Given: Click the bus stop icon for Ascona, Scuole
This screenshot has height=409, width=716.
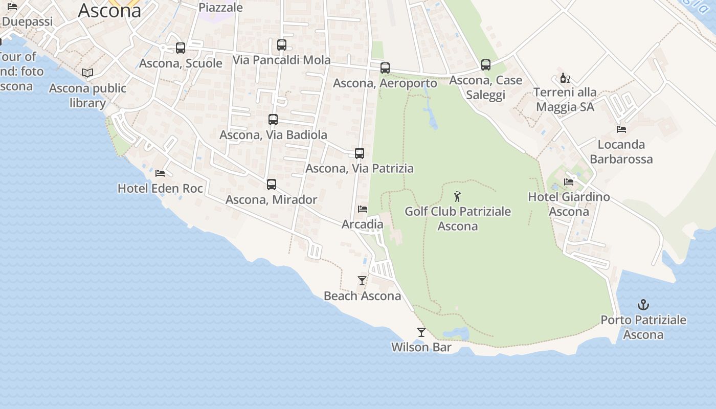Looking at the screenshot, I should (181, 48).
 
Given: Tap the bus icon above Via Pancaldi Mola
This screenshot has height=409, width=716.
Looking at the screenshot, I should (282, 45).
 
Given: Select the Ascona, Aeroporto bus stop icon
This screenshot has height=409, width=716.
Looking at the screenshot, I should (385, 68).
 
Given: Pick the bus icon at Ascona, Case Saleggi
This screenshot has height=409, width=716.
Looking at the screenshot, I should (486, 65).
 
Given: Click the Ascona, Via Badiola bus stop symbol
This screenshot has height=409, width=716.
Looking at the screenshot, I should (273, 120).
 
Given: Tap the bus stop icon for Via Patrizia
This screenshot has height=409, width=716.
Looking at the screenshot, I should (360, 153).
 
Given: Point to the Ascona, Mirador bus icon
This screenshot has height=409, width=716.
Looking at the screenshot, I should (272, 185).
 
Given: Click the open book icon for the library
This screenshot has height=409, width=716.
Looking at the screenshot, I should (87, 73).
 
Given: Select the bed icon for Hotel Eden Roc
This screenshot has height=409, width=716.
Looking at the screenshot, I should (160, 173).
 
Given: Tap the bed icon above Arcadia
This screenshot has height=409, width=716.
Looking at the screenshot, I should (363, 209).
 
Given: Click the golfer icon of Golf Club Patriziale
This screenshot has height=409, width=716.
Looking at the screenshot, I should (458, 196).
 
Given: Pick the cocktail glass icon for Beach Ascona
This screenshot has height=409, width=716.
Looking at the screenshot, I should (362, 281).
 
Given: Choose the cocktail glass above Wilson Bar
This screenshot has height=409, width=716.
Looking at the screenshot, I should (421, 332).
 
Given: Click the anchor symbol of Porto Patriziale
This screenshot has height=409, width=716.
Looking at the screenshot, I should (643, 305).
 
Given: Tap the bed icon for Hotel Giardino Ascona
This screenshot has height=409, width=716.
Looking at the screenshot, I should (569, 181).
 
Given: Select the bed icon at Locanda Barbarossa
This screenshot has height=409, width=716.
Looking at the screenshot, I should (621, 129).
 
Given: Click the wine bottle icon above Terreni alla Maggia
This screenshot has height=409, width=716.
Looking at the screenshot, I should (565, 78).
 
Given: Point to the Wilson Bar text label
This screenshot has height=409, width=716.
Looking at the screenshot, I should (421, 348).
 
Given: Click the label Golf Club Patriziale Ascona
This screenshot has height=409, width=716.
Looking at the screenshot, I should (458, 219).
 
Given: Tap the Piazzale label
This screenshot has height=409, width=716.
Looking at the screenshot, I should (220, 7).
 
